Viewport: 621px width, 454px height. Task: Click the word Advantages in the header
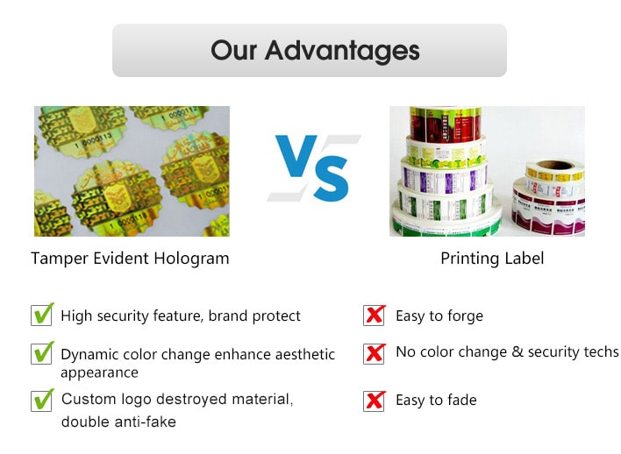click(343, 52)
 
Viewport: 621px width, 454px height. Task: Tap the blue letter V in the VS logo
click(296, 155)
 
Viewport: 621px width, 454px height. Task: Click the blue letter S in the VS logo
click(332, 179)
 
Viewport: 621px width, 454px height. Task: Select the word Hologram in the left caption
click(192, 259)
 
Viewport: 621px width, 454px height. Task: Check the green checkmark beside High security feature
click(44, 314)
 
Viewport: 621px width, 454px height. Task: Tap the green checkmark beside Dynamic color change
click(44, 352)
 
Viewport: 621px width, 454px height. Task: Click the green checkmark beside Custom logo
click(44, 400)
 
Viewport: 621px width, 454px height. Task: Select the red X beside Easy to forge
click(375, 315)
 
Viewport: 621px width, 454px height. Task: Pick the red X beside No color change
click(375, 353)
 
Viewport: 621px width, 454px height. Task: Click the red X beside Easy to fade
click(375, 401)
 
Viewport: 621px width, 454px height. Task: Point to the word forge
click(465, 316)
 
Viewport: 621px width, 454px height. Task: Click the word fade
click(461, 400)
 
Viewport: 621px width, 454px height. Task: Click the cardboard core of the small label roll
click(554, 165)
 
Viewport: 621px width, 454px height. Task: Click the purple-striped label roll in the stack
click(445, 179)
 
